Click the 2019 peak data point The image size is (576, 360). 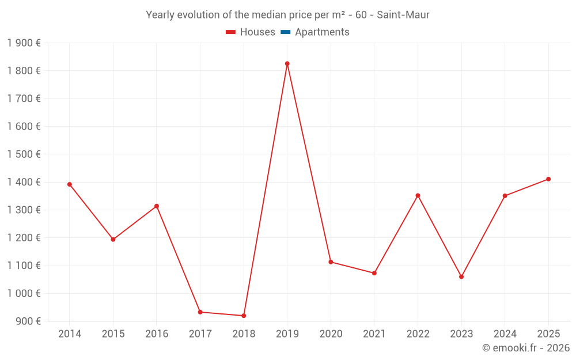[x=287, y=64]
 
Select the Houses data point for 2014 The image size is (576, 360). [x=70, y=184]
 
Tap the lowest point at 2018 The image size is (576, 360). [x=244, y=316]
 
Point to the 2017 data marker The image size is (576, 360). [x=200, y=312]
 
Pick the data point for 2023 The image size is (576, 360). [x=461, y=277]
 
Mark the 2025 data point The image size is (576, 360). [x=548, y=179]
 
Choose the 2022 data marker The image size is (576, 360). [x=418, y=195]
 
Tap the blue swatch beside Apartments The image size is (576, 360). [x=285, y=32]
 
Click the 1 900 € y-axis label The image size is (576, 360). [x=24, y=43]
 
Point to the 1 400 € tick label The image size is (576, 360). [x=24, y=182]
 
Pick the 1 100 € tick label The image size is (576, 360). [x=24, y=266]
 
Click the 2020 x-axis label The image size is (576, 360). [x=331, y=334]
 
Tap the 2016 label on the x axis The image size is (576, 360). [x=157, y=334]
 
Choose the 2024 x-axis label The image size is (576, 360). [x=505, y=334]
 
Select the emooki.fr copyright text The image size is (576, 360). [x=526, y=348]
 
